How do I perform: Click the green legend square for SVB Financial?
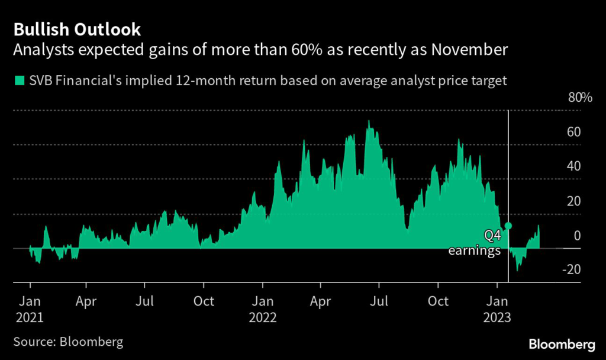pos(20,81)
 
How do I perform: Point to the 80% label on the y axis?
pos(580,98)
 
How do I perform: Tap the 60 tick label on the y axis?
pos(573,132)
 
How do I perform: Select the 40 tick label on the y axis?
pos(573,166)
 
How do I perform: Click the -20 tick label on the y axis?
pos(571,269)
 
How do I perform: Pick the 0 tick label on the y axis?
pos(577,236)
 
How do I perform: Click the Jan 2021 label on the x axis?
pos(30,308)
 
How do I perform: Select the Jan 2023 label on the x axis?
pos(498,308)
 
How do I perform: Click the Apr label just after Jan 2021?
pos(86,300)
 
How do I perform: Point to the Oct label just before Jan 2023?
pos(438,300)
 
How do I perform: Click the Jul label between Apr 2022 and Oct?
pos(379,300)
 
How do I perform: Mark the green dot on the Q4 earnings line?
pos(508,226)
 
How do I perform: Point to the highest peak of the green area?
pos(369,121)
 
